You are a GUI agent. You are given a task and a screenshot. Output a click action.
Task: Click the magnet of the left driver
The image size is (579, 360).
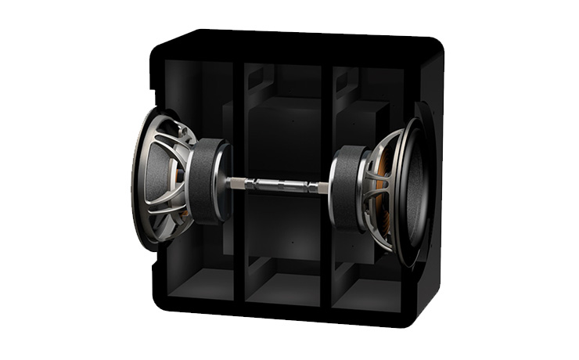click(x=207, y=182)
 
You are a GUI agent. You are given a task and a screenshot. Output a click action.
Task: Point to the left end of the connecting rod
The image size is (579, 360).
click(x=235, y=183)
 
